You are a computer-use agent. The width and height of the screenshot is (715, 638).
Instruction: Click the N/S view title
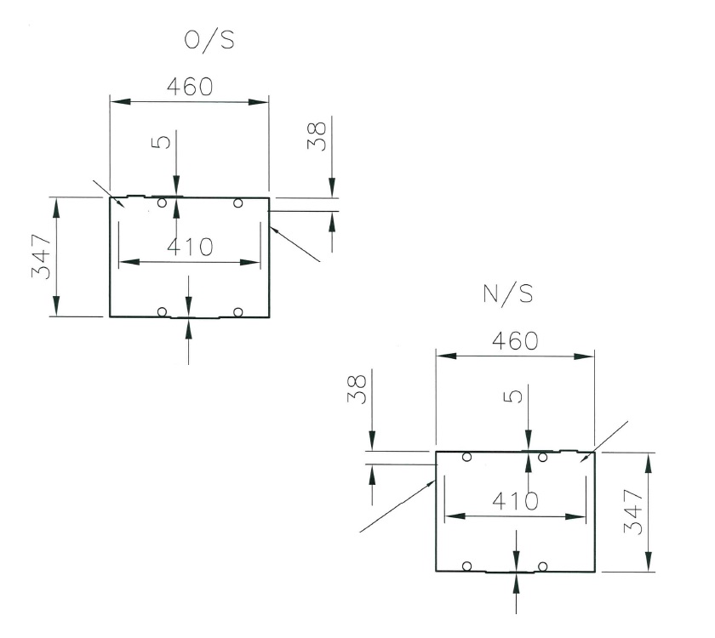coord(508,293)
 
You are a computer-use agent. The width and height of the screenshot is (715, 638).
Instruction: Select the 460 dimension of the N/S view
coord(515,340)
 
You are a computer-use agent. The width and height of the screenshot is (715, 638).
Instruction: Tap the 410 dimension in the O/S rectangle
coord(189,248)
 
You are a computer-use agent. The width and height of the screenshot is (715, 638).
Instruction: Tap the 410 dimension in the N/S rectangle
coord(515,501)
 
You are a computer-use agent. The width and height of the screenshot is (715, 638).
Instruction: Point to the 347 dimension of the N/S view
coord(632,510)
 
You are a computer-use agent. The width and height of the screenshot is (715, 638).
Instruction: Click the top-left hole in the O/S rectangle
coord(162,202)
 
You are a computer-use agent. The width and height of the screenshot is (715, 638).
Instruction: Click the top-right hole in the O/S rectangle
coord(237,202)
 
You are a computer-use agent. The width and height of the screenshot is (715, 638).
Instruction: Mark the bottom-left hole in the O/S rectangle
coord(162,311)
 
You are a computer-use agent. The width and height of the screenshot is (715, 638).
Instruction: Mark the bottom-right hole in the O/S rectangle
coord(237,311)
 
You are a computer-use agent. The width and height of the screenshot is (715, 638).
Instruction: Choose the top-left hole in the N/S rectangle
coord(466,457)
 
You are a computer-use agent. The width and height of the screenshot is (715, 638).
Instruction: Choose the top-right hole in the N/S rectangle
coord(542,458)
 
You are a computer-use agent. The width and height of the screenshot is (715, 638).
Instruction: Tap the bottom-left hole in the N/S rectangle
coord(466,566)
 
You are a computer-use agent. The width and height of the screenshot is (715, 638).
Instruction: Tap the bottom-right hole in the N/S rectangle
coord(542,566)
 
